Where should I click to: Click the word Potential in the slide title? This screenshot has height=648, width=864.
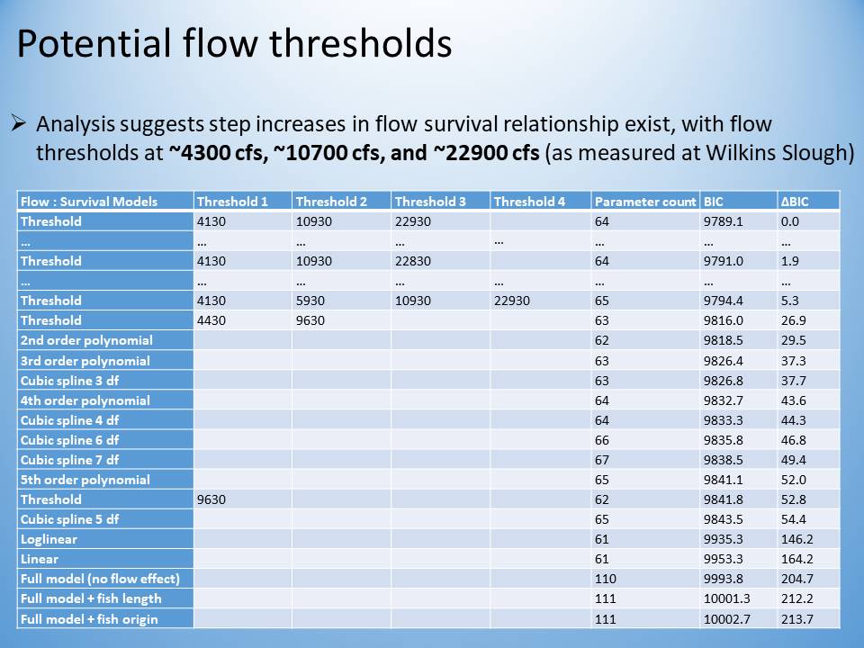click(94, 43)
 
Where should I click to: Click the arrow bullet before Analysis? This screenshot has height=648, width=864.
click(19, 123)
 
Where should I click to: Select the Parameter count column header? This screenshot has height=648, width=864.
click(645, 202)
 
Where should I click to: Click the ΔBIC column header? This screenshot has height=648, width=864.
click(795, 202)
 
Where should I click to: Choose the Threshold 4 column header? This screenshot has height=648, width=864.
click(529, 202)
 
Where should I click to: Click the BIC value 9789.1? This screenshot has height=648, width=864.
click(723, 221)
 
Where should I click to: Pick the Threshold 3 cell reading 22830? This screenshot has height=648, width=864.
click(413, 261)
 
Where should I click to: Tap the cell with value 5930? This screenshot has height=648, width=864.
click(310, 301)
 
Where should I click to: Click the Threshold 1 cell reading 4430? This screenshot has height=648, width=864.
click(211, 320)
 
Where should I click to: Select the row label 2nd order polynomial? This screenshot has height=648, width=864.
click(86, 340)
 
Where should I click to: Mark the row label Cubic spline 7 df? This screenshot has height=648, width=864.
click(69, 460)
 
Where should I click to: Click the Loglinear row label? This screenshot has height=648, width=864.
click(49, 539)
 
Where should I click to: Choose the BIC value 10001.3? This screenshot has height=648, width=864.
click(727, 598)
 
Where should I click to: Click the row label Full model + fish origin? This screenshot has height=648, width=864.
click(89, 619)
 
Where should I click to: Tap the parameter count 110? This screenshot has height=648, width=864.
click(605, 579)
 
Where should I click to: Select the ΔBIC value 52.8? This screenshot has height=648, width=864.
click(794, 499)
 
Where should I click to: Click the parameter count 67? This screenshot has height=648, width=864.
click(602, 460)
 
